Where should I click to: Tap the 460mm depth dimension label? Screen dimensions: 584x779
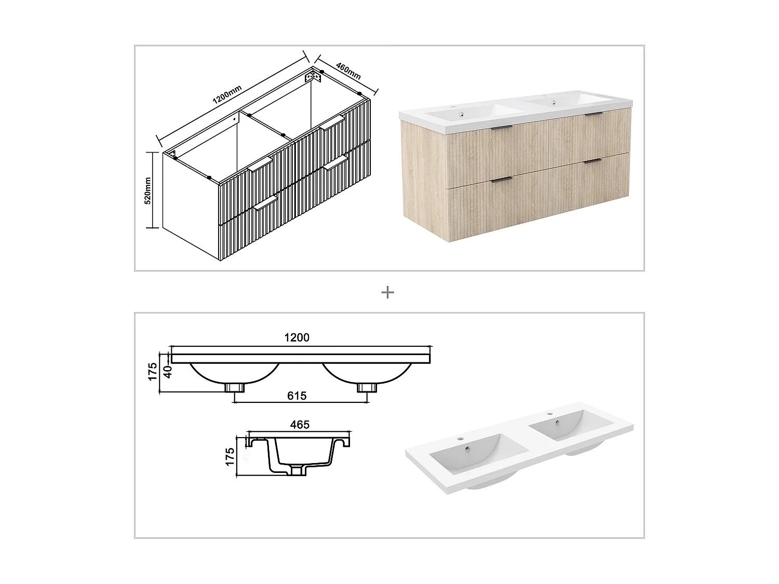click(x=348, y=71)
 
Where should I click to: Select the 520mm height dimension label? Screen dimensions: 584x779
click(x=147, y=190)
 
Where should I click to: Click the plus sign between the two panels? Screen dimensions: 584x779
click(x=387, y=293)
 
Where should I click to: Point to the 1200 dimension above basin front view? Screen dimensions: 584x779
click(x=297, y=337)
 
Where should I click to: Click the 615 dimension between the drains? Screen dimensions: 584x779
click(x=297, y=396)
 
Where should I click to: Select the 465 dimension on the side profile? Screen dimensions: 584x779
click(x=300, y=425)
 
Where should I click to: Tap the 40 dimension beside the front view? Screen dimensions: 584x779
click(x=167, y=372)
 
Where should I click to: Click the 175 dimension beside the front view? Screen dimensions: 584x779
click(x=152, y=372)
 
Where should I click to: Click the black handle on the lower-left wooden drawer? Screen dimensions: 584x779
click(x=501, y=180)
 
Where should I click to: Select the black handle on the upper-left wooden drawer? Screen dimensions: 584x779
click(x=499, y=126)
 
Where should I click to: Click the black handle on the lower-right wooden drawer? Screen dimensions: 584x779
click(x=592, y=162)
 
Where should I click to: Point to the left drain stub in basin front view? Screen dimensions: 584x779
click(x=235, y=388)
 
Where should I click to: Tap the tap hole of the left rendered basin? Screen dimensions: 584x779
click(x=459, y=440)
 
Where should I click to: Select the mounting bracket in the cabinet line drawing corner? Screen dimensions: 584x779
click(x=313, y=76)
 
